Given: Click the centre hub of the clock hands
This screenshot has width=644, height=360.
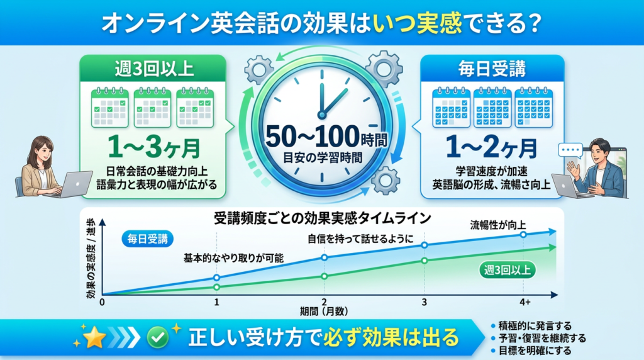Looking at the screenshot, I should pyautogui.click(x=322, y=114).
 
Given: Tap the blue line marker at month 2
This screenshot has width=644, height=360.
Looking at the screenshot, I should pyautogui.click(x=324, y=257).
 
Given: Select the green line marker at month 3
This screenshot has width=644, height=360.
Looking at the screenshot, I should pyautogui.click(x=425, y=261).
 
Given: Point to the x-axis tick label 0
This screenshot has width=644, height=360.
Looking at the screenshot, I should pyautogui.click(x=102, y=302).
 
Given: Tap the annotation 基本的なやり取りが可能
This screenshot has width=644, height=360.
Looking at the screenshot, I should pyautogui.click(x=233, y=258).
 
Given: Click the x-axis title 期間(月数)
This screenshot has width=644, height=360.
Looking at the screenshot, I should pyautogui.click(x=324, y=311).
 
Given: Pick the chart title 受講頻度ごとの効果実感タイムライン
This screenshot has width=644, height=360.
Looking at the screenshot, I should pyautogui.click(x=322, y=219).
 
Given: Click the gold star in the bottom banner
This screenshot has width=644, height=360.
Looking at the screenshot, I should pyautogui.click(x=95, y=337).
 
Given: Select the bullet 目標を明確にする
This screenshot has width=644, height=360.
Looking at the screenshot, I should pyautogui.click(x=535, y=350).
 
